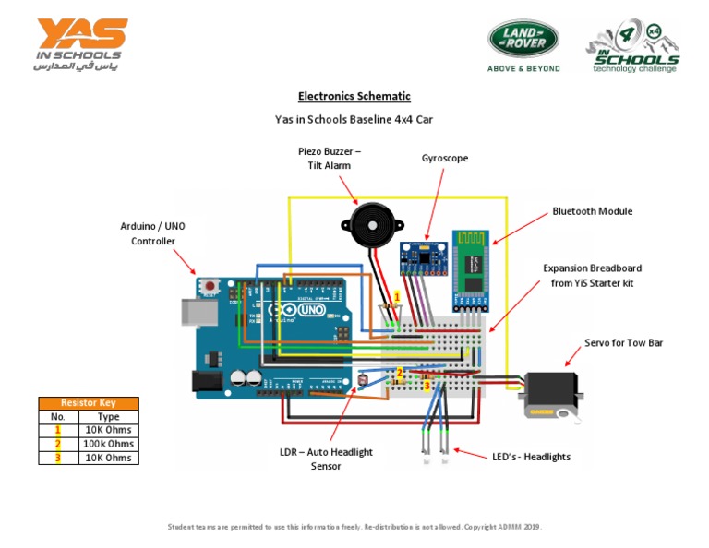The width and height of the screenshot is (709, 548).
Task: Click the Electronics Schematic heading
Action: [x=354, y=96]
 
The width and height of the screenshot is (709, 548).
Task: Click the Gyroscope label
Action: [x=445, y=158]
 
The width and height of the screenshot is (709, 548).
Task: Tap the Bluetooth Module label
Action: [x=592, y=211]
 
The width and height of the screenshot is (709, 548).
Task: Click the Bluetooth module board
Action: [x=472, y=267]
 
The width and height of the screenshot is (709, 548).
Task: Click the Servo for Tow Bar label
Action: [x=623, y=342]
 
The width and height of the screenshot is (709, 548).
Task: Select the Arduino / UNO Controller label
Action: [x=152, y=233]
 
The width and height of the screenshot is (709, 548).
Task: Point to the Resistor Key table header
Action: [x=89, y=403]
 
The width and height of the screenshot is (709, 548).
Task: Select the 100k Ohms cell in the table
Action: [x=108, y=444]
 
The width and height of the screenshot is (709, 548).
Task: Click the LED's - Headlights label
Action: [x=529, y=457]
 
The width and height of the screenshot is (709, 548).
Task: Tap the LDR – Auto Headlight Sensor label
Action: [x=326, y=459]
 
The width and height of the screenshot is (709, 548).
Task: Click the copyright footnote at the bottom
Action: [x=354, y=527]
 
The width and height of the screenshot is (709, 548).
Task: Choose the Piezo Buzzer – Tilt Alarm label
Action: [x=329, y=158]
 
